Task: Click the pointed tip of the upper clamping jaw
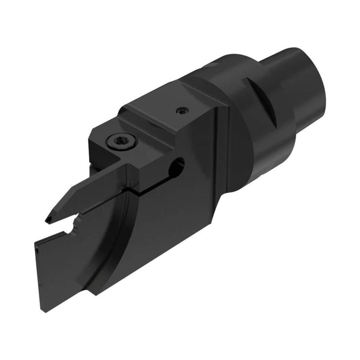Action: [x=48, y=220]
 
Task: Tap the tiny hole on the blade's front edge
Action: [x=37, y=248]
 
